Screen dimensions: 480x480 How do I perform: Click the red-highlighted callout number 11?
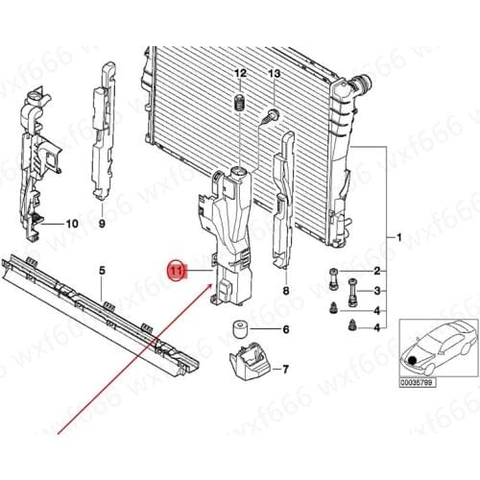coord(177,272)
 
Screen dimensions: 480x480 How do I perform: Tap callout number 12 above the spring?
coord(240,73)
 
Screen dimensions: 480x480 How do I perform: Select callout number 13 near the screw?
coord(275,74)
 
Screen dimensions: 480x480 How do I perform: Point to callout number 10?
coord(72,224)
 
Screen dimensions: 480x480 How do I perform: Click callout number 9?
coord(102,224)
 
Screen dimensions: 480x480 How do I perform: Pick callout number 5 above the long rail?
coord(102,271)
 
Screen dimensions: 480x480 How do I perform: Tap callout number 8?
coord(286,291)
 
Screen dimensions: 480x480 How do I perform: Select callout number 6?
coord(286,329)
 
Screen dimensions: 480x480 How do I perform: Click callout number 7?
coord(285,370)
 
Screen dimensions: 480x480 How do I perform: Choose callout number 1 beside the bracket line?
coord(398,237)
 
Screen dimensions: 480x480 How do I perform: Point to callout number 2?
coord(377,271)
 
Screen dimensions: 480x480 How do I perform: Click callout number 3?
coord(377,291)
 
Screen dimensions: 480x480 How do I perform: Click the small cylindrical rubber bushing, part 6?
coord(239,329)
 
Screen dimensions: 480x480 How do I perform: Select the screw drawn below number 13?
coord(271,117)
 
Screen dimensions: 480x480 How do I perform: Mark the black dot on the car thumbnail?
coord(413,360)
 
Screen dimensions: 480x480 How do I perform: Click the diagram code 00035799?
coord(418,383)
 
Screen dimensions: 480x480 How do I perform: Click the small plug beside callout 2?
coord(333,278)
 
